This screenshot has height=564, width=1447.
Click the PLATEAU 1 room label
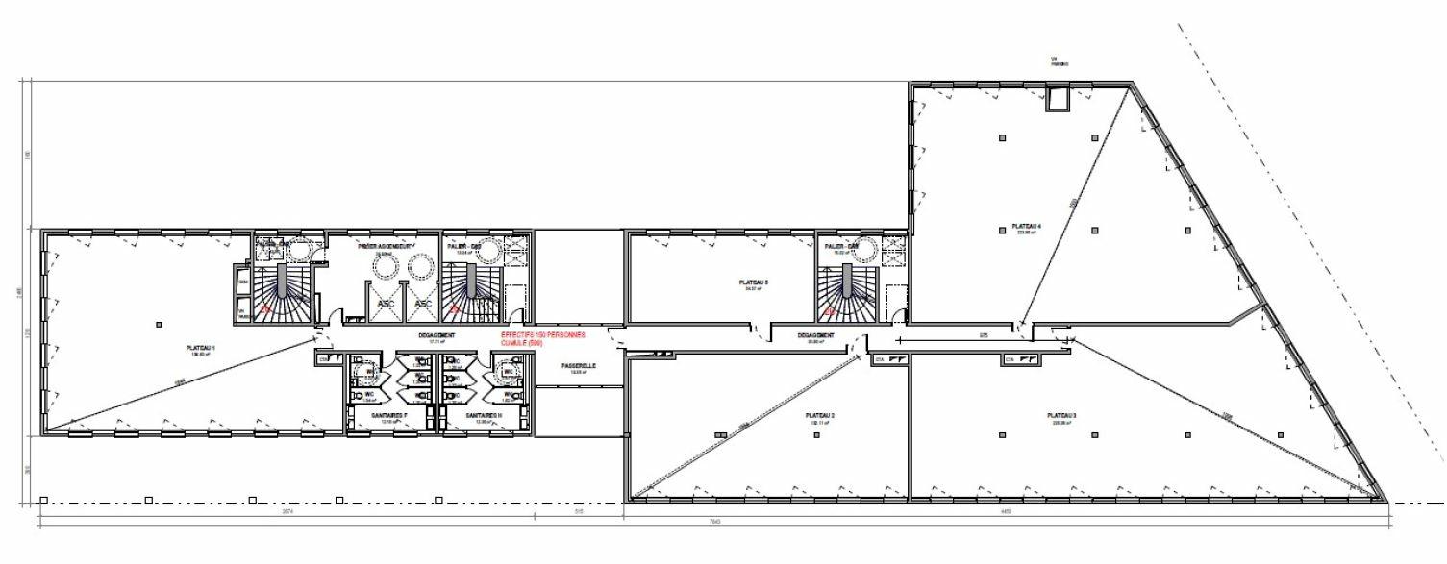(x=201, y=348)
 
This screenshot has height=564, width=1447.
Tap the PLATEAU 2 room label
(x=819, y=416)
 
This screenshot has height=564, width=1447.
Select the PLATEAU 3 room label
(x=1062, y=416)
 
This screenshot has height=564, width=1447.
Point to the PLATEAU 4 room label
(x=1027, y=227)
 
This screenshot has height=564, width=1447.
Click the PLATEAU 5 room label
(x=753, y=282)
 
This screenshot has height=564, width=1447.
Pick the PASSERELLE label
(x=580, y=366)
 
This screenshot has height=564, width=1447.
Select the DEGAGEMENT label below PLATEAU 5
(x=815, y=335)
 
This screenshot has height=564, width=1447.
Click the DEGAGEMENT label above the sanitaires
(x=437, y=335)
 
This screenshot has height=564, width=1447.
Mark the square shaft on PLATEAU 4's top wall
(x=1060, y=99)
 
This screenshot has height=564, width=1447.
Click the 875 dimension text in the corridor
(x=957, y=334)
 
